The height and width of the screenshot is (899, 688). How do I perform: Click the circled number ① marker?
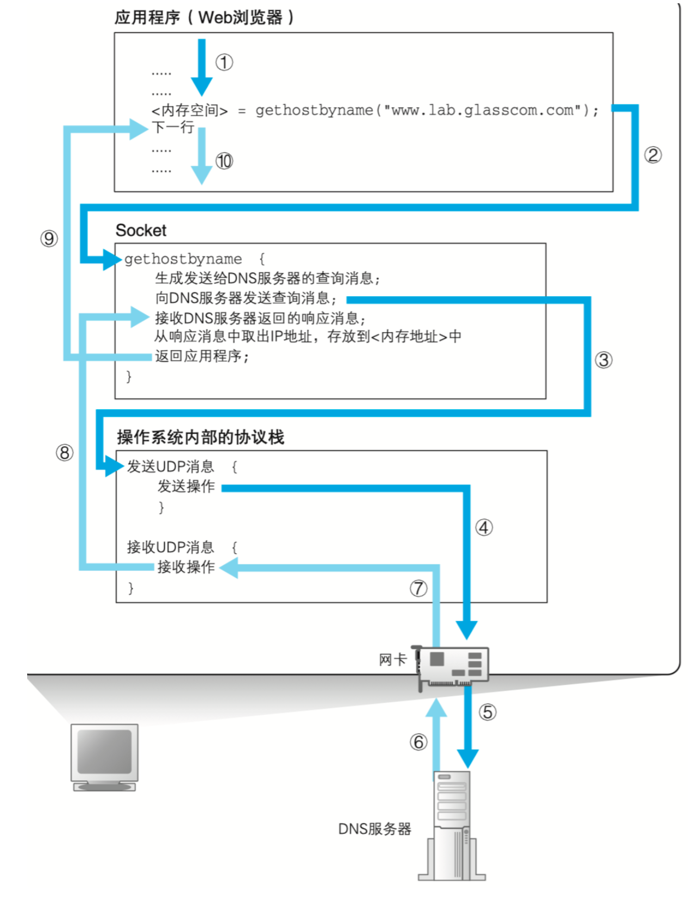[224, 63]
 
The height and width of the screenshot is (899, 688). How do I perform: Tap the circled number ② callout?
[653, 155]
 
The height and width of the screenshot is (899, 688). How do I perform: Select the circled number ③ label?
[603, 360]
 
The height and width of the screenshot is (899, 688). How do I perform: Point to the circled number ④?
[484, 527]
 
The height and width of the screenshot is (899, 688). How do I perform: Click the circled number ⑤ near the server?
[487, 712]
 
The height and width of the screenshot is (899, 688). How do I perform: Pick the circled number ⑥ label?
[418, 742]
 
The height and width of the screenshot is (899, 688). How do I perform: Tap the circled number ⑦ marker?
[418, 588]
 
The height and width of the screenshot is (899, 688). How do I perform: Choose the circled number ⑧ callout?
[65, 452]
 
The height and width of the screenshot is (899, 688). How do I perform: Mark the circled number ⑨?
[49, 238]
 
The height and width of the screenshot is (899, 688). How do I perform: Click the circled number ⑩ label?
[224, 161]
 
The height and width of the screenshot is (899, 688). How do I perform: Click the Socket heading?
[141, 230]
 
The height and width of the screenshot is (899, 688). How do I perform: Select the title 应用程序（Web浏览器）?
[204, 17]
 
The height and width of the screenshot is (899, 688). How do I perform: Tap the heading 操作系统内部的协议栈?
[200, 437]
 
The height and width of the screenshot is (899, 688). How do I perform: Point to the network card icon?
[453, 666]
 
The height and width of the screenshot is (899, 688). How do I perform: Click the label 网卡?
[392, 660]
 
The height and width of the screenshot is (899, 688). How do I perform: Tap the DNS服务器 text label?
[374, 829]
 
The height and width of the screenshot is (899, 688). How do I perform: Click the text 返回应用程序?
[201, 357]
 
